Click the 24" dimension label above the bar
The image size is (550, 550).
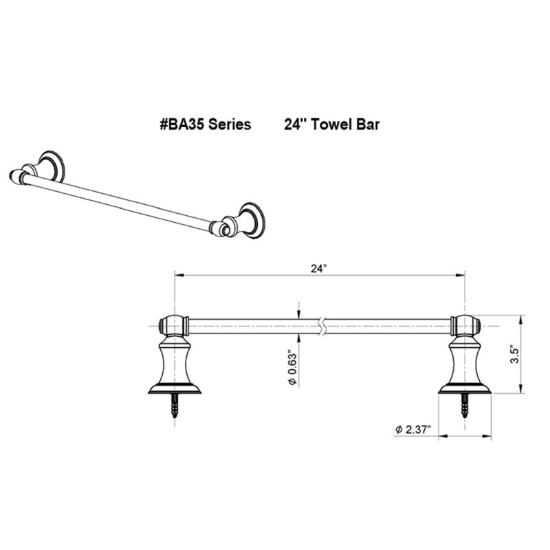pos(319,268)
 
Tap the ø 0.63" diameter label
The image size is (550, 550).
pos(293,367)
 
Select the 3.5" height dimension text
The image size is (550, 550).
pos(514,355)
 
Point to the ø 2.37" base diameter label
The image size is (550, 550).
pos(412,429)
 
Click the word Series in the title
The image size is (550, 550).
pos(230,124)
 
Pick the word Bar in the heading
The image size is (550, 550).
pos(368,124)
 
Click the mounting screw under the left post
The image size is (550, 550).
pos(175,406)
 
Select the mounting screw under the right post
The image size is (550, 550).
pos(465,406)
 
